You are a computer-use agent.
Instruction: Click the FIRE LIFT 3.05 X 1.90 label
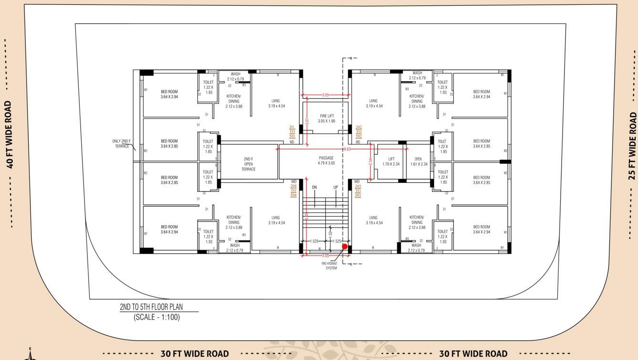click(327, 118)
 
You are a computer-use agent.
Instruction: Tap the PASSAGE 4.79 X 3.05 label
click(326, 160)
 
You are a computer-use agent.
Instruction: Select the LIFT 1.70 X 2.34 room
click(391, 161)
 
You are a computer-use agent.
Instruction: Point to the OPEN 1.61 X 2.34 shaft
click(418, 161)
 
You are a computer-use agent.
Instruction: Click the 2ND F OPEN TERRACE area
click(248, 164)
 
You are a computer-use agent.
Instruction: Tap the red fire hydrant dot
click(345, 246)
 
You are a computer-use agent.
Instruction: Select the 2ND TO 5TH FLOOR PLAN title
click(151, 307)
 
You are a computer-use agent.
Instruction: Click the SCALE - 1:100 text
click(157, 317)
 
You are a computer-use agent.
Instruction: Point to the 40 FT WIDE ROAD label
click(9, 134)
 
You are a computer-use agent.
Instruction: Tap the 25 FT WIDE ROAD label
click(632, 146)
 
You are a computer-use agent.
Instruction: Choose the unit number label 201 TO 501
click(292, 132)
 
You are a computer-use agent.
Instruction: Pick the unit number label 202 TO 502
click(359, 132)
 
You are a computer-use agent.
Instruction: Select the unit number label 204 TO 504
click(293, 191)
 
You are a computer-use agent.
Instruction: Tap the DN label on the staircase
click(314, 187)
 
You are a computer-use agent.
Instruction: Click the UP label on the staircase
click(335, 187)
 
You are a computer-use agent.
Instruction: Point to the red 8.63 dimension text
click(347, 149)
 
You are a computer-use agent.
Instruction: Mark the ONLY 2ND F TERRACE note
click(121, 144)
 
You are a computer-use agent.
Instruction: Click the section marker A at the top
click(351, 58)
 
